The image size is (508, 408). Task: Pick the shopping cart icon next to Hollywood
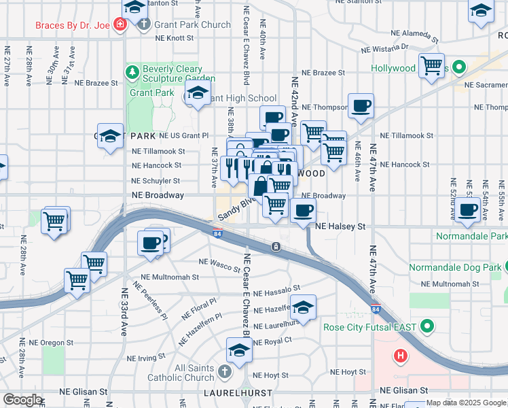pos(432,67)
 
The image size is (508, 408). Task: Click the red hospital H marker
pos(401,355)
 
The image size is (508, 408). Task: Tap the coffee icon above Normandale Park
pos(467,211)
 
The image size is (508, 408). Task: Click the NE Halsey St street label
pos(341,226)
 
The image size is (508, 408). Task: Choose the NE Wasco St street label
pos(219,262)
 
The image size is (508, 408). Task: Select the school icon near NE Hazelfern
pos(304,307)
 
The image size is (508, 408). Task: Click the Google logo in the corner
pos(23,400)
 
